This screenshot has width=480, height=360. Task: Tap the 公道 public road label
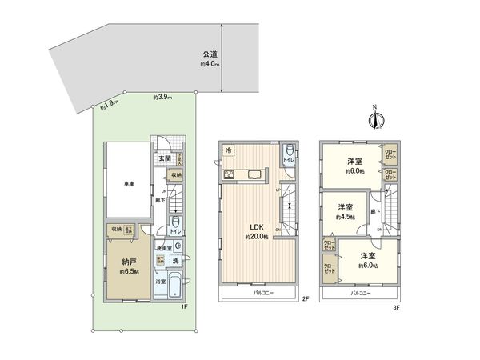click(209, 54)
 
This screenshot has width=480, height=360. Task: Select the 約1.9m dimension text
click(110, 102)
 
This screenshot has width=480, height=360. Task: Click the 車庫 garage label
click(128, 182)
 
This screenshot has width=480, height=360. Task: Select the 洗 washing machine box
click(174, 261)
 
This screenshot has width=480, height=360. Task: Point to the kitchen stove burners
click(229, 174)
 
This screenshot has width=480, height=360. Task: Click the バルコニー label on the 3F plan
click(364, 294)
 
